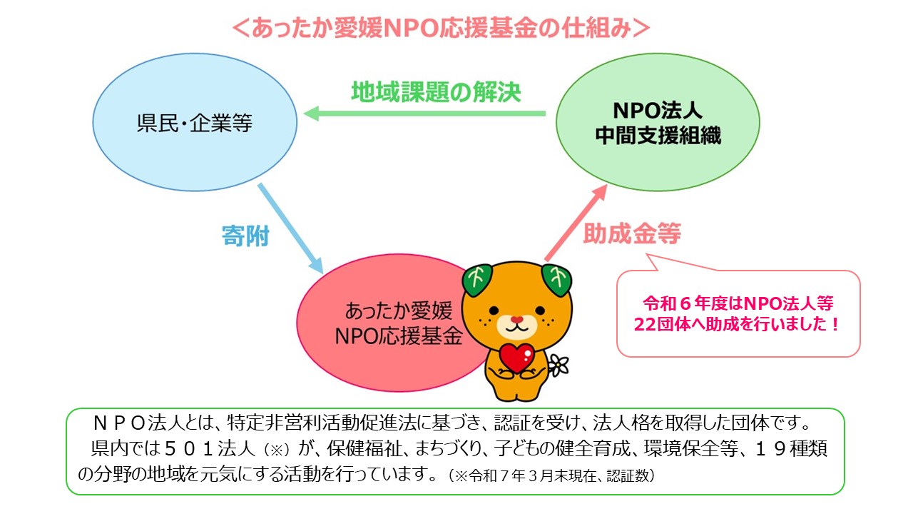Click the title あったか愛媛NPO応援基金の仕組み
[441, 29]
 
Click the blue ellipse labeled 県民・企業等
[195, 122]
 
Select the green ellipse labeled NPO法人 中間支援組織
[658, 122]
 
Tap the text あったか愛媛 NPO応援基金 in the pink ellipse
[398, 323]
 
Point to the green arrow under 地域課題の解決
[424, 114]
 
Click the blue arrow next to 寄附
[290, 228]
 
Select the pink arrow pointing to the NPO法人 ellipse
[576, 223]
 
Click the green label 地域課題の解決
[436, 91]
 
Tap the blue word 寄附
[245, 236]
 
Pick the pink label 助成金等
[632, 233]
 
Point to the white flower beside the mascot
[558, 365]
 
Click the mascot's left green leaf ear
[478, 280]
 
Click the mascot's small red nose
[517, 319]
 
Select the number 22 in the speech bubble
[645, 325]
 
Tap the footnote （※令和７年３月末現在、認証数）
[552, 475]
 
